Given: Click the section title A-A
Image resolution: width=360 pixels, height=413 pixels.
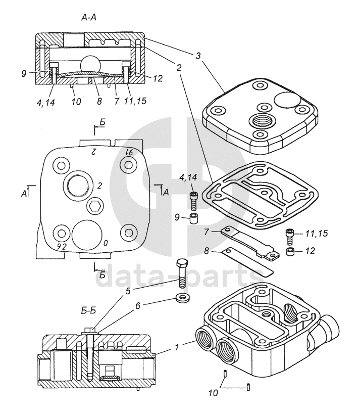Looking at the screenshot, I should click(x=89, y=17).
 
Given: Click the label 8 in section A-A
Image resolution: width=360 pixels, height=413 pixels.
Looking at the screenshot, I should click(x=99, y=101).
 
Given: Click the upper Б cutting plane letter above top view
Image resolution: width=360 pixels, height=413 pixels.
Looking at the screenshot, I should click(x=102, y=123).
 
